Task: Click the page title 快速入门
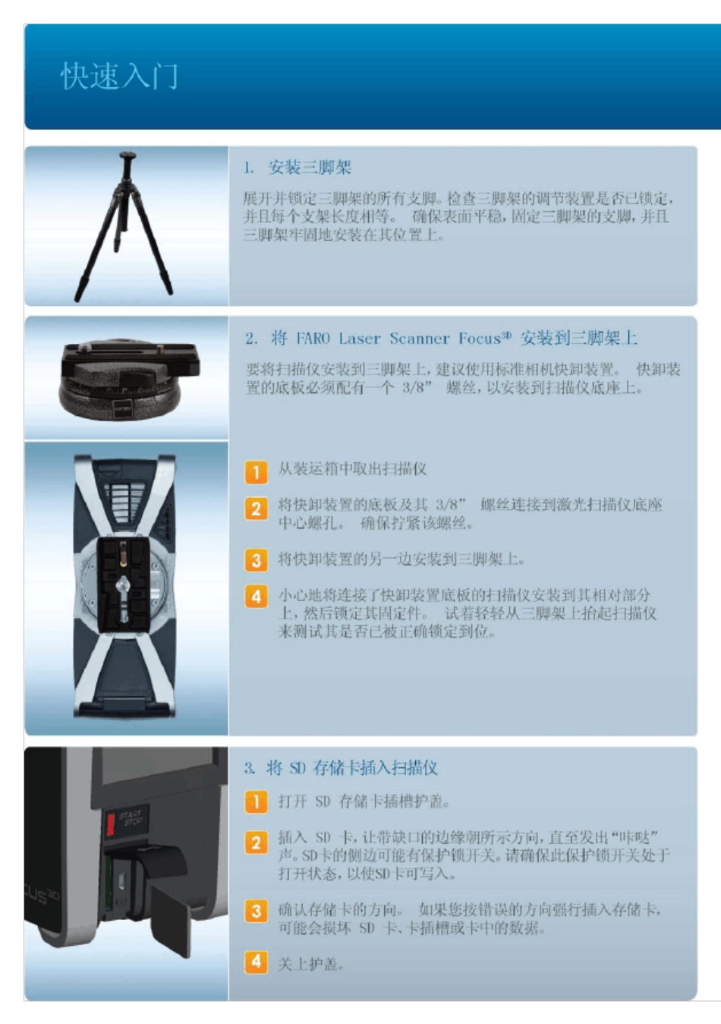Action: coord(119,77)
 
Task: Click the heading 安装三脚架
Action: coord(309,168)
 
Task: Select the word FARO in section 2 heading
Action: coord(313,339)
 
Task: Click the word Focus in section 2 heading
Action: coord(480,339)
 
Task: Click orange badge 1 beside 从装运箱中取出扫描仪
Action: coord(256,471)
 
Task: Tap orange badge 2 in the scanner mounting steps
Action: coord(256,508)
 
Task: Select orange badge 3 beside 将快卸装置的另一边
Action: coord(256,560)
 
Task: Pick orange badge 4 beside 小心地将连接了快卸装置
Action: coord(256,596)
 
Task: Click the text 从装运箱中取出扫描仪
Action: coord(352,469)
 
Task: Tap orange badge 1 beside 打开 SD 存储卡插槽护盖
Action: coord(256,802)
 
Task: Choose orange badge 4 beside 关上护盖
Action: coord(256,962)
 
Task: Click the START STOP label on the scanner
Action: coord(131,818)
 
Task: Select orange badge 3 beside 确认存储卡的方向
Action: coord(256,911)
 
